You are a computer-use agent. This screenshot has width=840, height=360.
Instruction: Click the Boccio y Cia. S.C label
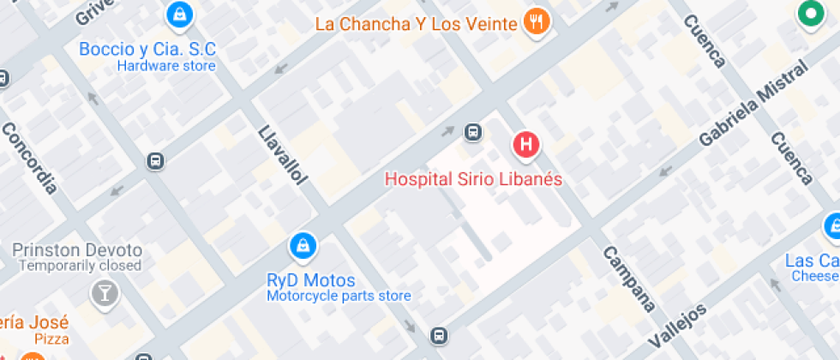(147, 49)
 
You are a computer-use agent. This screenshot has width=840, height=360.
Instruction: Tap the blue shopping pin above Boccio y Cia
(179, 14)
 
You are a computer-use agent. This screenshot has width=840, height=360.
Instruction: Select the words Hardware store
(166, 66)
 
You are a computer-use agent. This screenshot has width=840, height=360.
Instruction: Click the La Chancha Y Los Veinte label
(416, 23)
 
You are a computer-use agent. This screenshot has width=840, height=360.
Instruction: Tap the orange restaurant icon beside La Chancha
(537, 23)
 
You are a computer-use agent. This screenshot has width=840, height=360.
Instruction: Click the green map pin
(807, 14)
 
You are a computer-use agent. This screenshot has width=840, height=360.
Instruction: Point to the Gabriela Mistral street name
(753, 104)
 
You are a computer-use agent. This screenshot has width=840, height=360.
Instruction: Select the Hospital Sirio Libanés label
(473, 179)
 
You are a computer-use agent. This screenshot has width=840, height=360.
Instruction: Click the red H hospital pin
(526, 144)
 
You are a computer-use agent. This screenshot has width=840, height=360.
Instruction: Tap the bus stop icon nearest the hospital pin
(472, 132)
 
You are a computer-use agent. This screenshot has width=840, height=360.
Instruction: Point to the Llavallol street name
(282, 154)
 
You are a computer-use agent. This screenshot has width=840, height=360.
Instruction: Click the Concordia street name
(29, 158)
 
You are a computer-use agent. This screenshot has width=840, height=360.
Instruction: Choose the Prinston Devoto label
(77, 250)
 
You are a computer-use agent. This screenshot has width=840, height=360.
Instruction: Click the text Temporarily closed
(80, 267)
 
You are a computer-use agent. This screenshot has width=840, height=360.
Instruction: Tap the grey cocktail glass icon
(105, 293)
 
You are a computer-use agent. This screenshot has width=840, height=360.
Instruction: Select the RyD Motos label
(311, 280)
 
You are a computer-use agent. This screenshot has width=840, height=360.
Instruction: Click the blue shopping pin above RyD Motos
(302, 247)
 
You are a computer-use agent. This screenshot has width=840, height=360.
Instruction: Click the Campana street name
(628, 279)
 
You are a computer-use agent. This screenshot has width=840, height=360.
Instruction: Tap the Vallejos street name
(677, 326)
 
